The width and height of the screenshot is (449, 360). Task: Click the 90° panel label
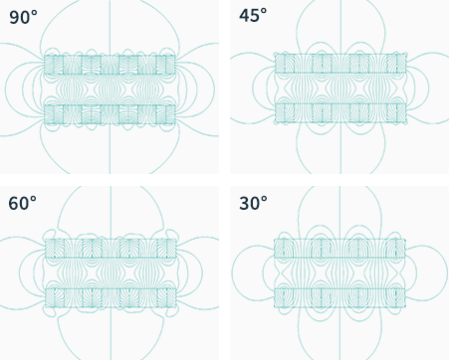point(23,18)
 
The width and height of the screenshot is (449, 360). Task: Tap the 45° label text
point(253,15)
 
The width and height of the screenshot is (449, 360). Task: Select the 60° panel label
point(23,203)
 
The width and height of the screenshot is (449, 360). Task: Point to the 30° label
point(253,203)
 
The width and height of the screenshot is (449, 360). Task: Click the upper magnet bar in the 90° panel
point(110,65)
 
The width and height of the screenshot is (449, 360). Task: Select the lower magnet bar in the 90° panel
point(110,114)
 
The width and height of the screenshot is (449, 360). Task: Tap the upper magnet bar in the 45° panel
point(340,64)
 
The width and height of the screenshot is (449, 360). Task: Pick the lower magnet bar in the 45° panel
point(340,113)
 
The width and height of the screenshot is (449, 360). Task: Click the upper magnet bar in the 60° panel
point(111,249)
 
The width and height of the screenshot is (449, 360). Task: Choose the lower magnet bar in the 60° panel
point(111,297)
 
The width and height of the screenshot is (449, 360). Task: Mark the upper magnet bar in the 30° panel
point(339,249)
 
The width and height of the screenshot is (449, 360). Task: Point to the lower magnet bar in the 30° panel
point(339,297)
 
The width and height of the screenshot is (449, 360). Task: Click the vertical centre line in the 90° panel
point(110,87)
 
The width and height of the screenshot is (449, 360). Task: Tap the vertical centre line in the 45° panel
point(340,87)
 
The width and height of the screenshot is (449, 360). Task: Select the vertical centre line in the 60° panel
point(111,272)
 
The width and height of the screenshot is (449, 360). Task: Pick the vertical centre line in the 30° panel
point(339,272)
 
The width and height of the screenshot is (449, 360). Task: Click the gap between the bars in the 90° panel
point(110,90)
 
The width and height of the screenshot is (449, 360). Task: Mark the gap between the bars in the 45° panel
point(340,89)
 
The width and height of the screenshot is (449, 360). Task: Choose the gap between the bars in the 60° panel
point(111,272)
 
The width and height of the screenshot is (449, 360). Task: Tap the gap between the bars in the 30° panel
point(339,272)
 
